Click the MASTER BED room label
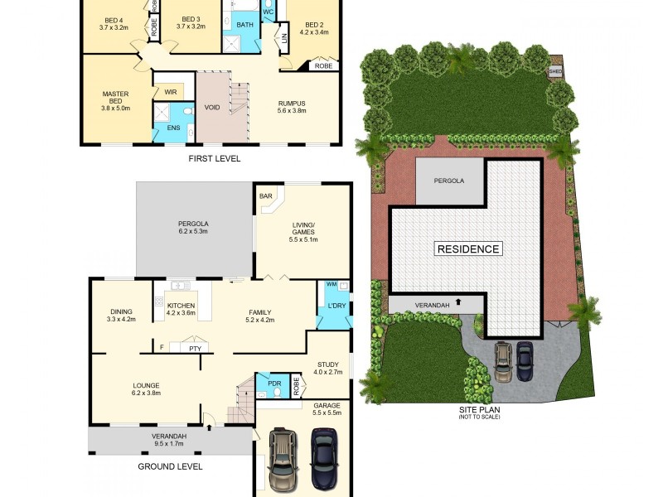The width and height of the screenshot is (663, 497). [x=115, y=94]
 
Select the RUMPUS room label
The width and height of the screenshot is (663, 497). [x=292, y=104]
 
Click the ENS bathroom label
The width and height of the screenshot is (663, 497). [x=173, y=128]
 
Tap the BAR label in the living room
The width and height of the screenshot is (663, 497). [x=266, y=196]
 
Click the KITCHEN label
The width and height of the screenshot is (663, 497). [x=181, y=306]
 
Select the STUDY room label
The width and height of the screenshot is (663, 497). [x=328, y=364]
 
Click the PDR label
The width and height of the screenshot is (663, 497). [x=273, y=384]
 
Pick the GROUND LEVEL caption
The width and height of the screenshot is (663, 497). [x=169, y=466]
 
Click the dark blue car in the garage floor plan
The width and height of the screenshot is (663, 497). [x=323, y=458]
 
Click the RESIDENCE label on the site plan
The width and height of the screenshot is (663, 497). [x=468, y=248]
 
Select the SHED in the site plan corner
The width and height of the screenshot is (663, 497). [x=556, y=70]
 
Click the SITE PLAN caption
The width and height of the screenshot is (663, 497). [x=480, y=408]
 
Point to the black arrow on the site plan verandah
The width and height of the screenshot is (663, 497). [x=457, y=305]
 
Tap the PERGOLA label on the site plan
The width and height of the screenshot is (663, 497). [x=449, y=180]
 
